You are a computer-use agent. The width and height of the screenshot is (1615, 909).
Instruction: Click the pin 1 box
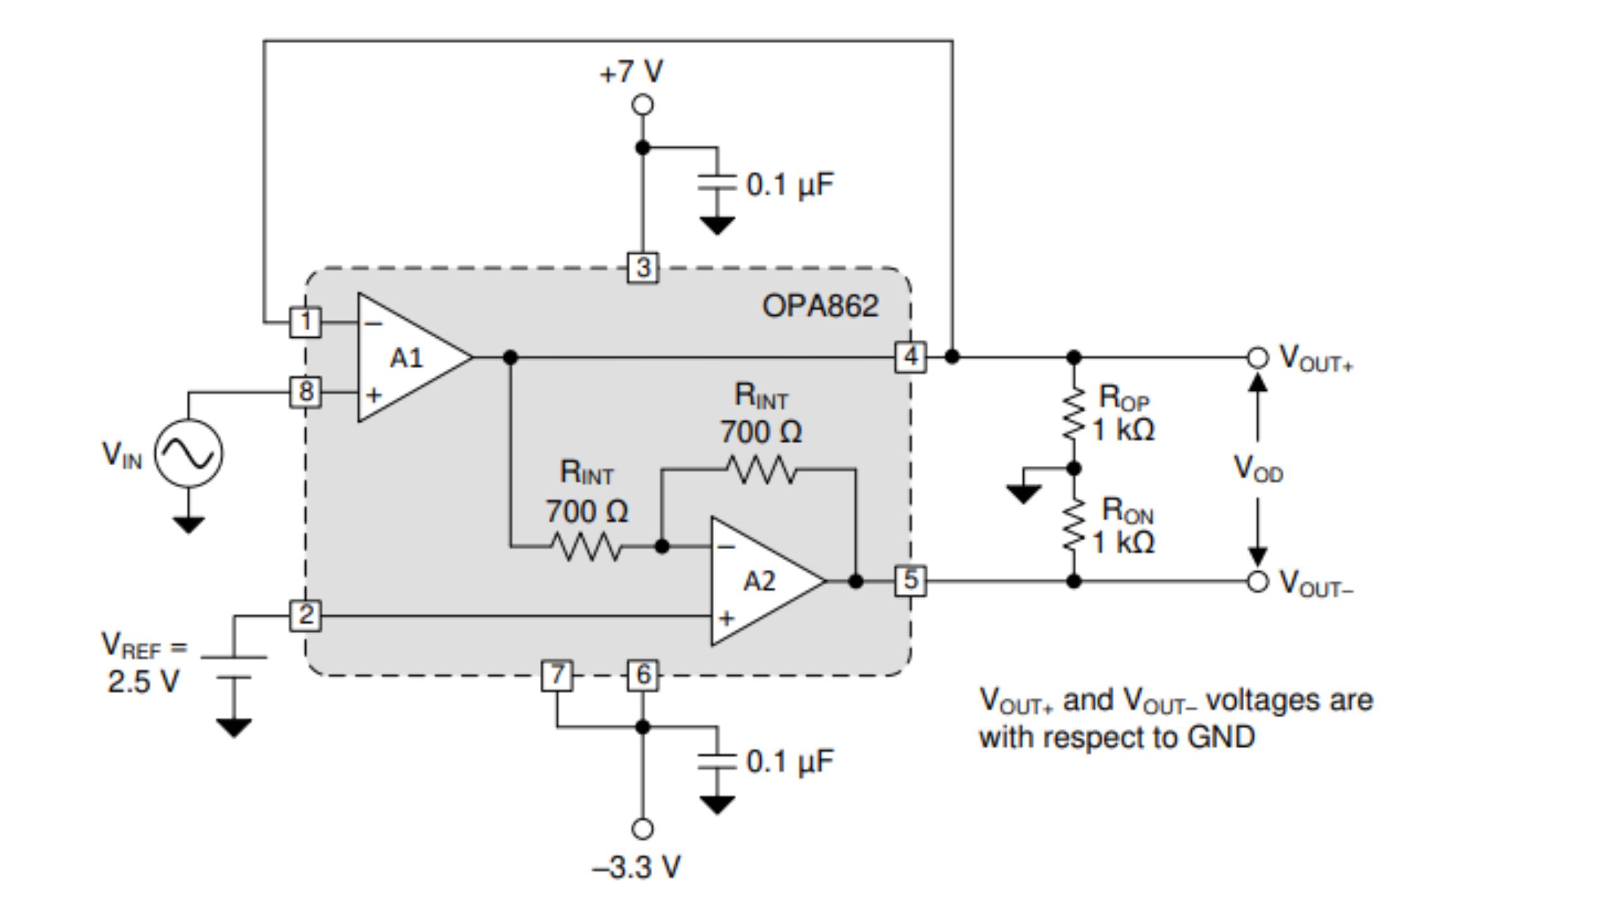click(305, 323)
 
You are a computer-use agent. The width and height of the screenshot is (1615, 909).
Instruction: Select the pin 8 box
click(305, 392)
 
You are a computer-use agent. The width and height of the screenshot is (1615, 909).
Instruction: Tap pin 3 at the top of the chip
click(643, 268)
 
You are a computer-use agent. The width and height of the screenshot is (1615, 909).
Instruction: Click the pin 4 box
click(910, 357)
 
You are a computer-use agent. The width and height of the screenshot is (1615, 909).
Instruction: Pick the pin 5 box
click(910, 581)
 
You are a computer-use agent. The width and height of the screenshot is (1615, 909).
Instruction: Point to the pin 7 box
click(557, 675)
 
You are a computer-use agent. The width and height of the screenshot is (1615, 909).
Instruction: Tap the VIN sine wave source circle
click(189, 453)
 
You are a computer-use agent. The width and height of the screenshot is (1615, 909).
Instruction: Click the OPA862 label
click(820, 307)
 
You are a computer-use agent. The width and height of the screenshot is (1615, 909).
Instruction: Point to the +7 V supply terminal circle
click(643, 105)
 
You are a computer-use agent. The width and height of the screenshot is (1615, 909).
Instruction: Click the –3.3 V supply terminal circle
click(643, 828)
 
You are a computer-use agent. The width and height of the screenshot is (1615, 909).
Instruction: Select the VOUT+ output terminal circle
click(1257, 357)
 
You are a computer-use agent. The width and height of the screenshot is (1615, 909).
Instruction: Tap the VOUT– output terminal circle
click(1257, 581)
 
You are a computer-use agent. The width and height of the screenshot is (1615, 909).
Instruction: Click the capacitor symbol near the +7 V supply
click(717, 182)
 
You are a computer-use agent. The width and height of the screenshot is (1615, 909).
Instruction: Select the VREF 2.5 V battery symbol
click(234, 667)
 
